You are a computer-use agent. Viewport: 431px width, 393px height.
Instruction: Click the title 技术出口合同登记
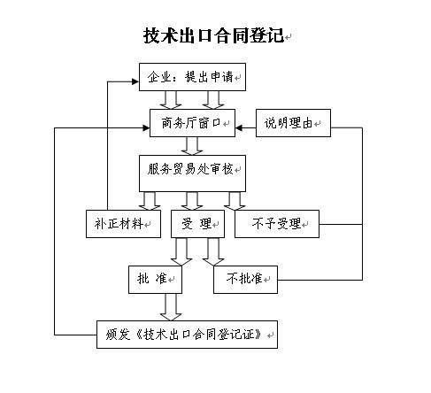coord(213,35)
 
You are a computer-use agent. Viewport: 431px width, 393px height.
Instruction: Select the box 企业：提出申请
coord(192,77)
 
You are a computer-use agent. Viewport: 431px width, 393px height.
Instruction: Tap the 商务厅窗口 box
coord(192,123)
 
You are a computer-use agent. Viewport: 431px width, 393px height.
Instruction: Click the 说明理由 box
coord(293,123)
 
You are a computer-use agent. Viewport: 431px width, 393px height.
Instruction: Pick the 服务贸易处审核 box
coord(192,173)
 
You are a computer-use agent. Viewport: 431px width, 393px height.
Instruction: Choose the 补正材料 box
coord(123,224)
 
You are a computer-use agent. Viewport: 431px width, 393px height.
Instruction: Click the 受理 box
coord(197,224)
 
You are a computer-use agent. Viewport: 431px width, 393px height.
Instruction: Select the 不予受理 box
coord(277,224)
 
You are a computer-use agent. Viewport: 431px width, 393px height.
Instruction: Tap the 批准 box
coord(155,280)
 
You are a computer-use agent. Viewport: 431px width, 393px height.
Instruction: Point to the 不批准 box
coord(245,280)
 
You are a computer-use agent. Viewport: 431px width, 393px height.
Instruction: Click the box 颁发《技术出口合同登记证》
coord(187,335)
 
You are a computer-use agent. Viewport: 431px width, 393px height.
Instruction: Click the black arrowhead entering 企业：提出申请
coord(135,81)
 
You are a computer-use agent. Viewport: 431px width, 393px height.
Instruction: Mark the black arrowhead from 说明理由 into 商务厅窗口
coord(239,127)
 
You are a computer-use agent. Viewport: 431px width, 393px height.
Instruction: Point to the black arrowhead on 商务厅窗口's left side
coord(146,127)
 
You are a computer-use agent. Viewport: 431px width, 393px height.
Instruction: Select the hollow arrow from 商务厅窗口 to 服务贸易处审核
coord(192,146)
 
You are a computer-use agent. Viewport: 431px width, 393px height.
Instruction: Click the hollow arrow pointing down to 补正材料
coord(150,201)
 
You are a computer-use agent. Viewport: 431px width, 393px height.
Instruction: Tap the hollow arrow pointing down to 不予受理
coord(235,201)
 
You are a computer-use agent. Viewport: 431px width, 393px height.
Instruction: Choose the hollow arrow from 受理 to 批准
coord(181,251)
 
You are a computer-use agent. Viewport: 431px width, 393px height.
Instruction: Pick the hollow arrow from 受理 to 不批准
coord(213,251)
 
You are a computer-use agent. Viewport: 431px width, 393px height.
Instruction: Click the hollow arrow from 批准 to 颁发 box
coord(171,307)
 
